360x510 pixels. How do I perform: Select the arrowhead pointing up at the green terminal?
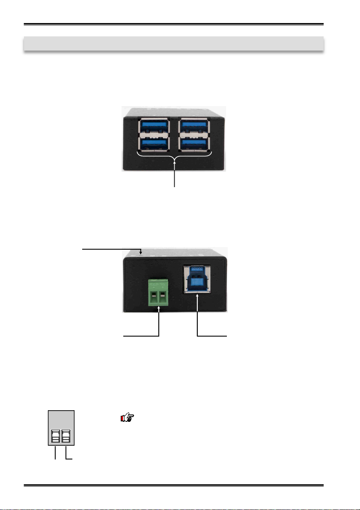[x=159, y=308]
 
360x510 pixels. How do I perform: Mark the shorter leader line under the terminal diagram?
[x=56, y=453]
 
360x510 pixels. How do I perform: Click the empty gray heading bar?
[x=173, y=44]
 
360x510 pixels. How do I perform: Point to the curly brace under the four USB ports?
[x=174, y=155]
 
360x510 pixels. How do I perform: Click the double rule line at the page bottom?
[x=173, y=486]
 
